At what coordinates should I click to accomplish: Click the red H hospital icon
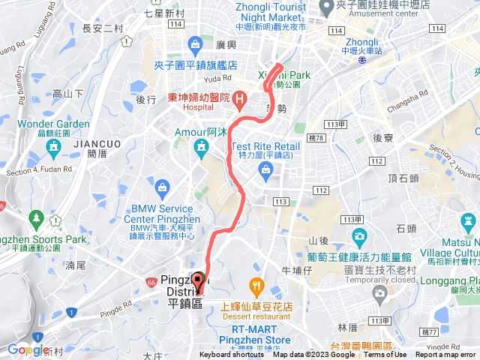(x=239, y=98)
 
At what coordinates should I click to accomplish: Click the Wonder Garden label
(x=53, y=124)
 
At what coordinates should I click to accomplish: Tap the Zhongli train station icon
(x=362, y=62)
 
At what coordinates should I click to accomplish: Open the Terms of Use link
(x=386, y=355)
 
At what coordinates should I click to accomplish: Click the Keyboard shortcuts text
(x=232, y=355)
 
